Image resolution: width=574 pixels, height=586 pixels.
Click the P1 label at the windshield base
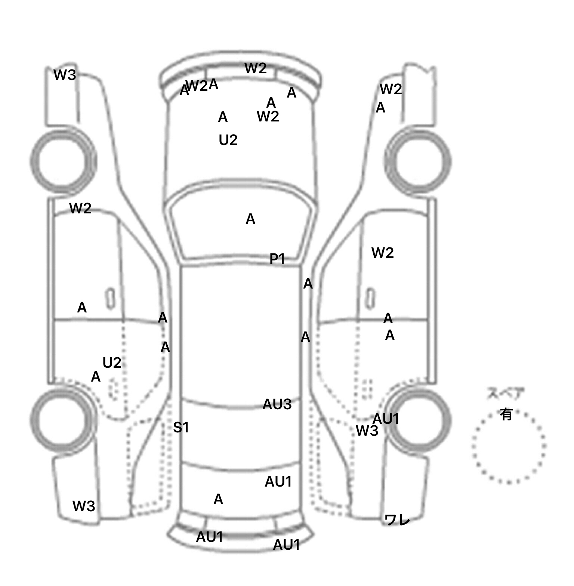coord(277,259)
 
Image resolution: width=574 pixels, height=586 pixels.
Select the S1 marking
coord(181,427)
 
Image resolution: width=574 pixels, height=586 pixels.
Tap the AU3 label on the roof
coord(277,404)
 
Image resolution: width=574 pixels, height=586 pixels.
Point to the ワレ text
coord(397,520)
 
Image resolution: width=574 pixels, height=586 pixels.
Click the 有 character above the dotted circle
coord(506,414)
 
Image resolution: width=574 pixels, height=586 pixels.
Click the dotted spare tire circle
coord(509,447)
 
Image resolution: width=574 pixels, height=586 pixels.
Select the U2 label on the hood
coord(228,140)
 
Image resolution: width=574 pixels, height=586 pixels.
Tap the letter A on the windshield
coord(250,219)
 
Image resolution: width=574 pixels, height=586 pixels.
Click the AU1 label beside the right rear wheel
coord(386,419)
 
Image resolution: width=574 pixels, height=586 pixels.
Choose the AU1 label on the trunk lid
coord(278,482)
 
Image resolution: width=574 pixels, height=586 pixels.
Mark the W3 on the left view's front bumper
coord(65,75)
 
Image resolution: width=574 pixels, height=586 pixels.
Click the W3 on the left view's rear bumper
coord(84,506)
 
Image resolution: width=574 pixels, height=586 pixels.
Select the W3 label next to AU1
coord(367,431)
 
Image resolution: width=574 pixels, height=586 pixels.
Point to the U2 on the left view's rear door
coord(112,363)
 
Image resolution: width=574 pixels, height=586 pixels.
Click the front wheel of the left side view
coord(63,161)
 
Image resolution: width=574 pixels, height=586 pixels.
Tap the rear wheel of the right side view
coord(419,420)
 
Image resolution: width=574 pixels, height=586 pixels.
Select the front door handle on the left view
coord(110,299)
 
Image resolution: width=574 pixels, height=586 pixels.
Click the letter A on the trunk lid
coord(218,499)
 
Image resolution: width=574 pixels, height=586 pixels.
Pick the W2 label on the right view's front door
coord(383,253)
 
